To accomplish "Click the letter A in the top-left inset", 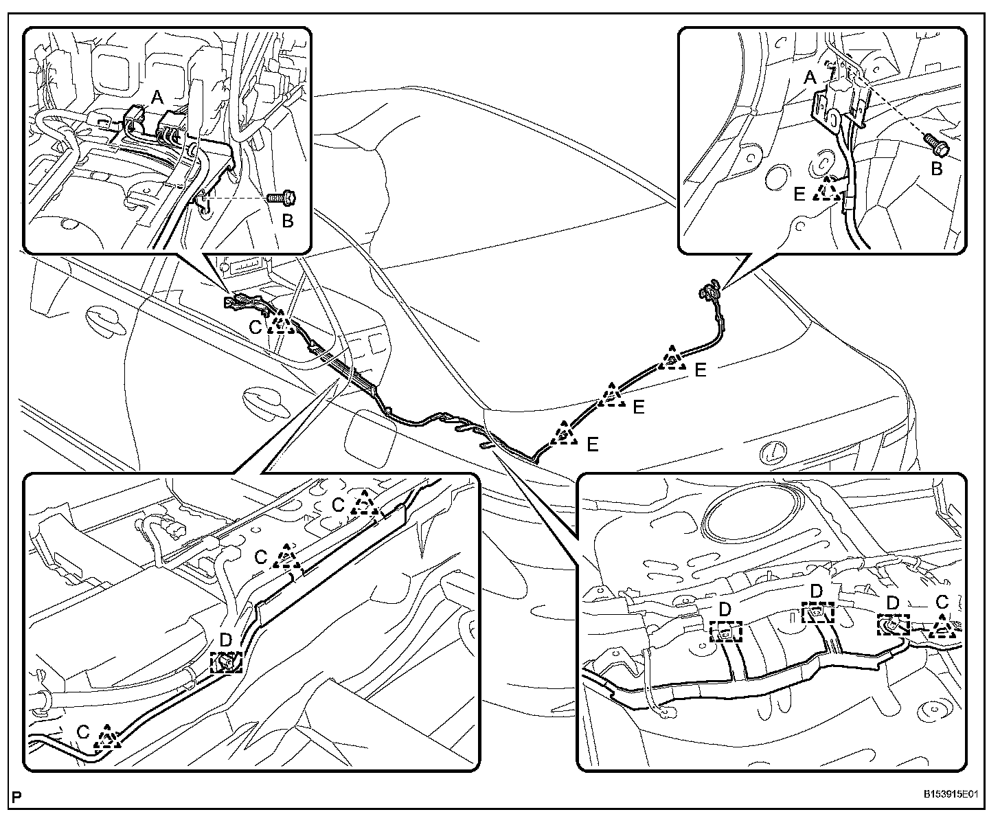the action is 157,98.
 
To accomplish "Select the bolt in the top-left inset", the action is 281,198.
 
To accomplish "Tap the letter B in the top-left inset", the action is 288,221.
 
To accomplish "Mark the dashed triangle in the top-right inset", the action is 828,188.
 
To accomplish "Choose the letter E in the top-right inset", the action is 799,194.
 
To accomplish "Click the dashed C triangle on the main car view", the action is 280,322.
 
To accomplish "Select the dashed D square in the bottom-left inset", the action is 226,662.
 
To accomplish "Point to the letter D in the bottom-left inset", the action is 226,640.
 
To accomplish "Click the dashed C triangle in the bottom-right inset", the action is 942,626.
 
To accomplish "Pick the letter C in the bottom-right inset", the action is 942,602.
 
